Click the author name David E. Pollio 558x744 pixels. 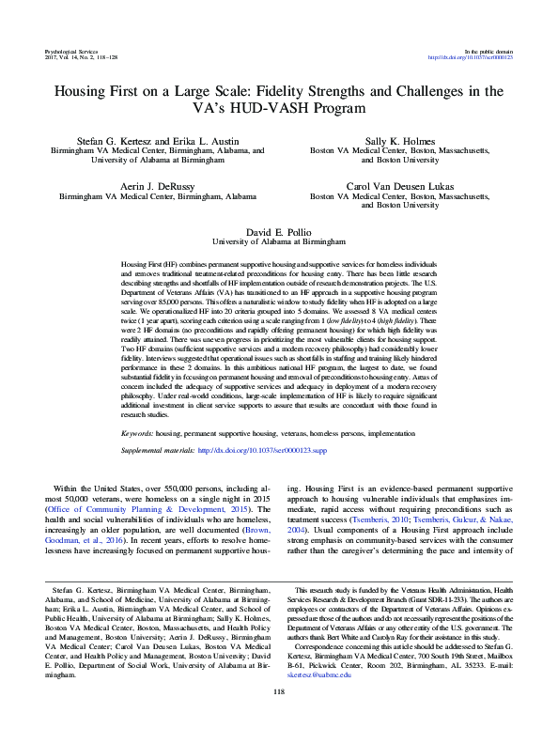(279, 231)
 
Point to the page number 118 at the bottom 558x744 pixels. (278, 719)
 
